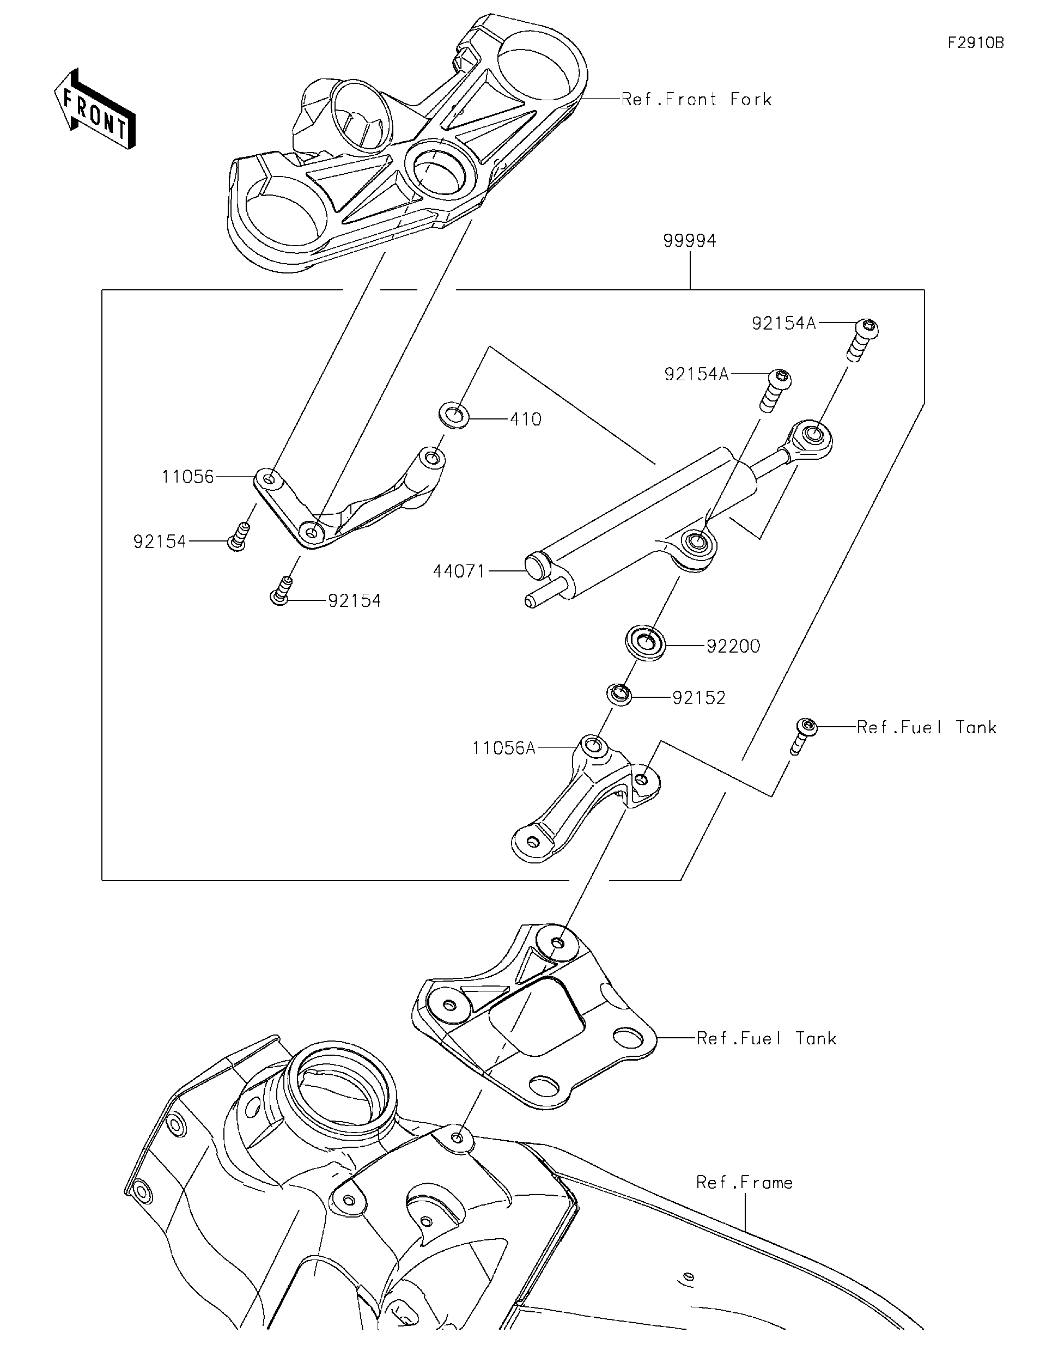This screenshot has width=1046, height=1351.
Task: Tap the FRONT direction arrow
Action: click(x=95, y=109)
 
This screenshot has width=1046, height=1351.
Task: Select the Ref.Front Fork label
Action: click(x=696, y=100)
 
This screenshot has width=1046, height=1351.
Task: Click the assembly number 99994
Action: click(x=689, y=241)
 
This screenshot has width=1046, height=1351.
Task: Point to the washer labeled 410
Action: click(x=453, y=415)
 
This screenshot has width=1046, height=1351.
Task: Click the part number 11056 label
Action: click(x=187, y=477)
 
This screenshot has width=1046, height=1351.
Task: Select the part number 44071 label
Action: click(x=459, y=571)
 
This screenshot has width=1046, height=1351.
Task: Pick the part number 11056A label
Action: click(x=503, y=748)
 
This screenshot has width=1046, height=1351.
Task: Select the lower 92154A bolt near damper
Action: click(x=776, y=388)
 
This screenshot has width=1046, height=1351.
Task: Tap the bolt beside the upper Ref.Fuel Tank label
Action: click(x=804, y=734)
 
